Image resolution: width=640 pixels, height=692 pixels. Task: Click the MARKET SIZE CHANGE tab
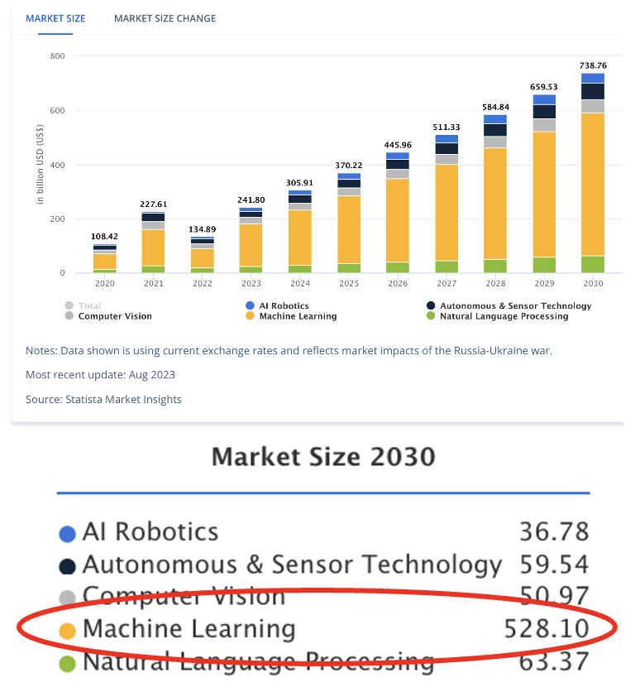165,18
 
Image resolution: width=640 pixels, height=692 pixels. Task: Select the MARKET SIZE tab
55,18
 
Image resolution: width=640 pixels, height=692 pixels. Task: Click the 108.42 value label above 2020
104,237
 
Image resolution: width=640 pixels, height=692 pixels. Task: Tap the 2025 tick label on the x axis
348,284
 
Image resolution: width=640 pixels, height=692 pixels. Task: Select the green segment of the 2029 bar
543,265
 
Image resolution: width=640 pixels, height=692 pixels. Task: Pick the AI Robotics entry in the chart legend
284,305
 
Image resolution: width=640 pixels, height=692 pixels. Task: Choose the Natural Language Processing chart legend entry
504,316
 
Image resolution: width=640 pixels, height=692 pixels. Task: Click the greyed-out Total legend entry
88,305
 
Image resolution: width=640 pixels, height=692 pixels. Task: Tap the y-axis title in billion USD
40,164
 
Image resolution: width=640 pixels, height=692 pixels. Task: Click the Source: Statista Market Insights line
103,399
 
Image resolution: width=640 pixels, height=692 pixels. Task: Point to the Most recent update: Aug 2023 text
100,374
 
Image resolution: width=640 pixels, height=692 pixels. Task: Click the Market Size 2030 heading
323,456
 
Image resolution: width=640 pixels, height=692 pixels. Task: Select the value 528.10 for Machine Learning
547,629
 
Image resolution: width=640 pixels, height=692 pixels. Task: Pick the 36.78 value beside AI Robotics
554,531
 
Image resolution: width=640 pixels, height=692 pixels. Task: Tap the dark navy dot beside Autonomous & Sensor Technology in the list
68,567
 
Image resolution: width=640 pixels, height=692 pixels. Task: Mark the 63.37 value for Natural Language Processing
554,661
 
